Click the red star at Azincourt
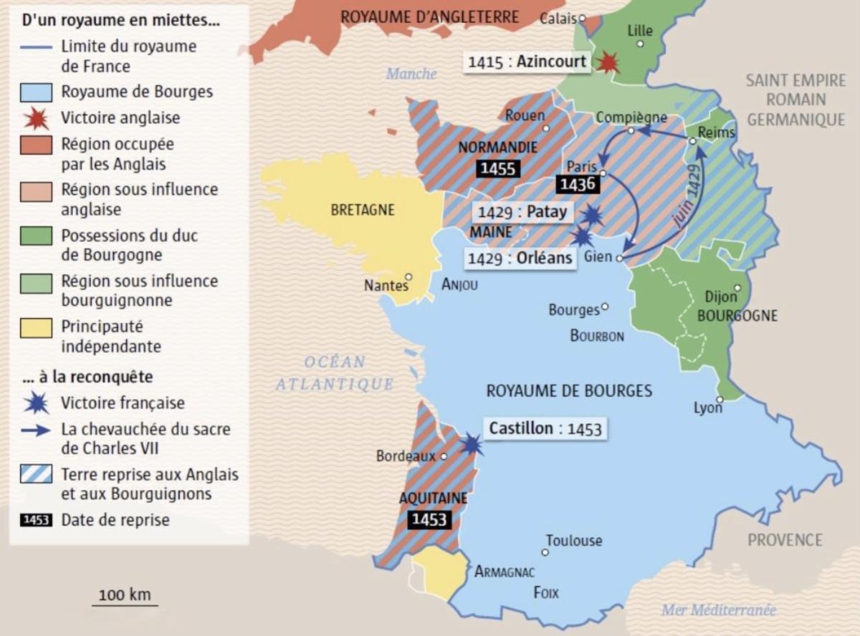[608, 62]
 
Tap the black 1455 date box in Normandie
[499, 169]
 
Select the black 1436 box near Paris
[577, 185]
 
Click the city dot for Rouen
[546, 129]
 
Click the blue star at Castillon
[471, 444]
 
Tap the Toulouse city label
[573, 541]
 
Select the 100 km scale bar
[123, 605]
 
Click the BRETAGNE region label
[363, 211]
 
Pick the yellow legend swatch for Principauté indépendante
[36, 328]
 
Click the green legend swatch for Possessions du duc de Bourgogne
[36, 236]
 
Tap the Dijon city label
[720, 297]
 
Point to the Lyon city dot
[718, 409]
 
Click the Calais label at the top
[558, 19]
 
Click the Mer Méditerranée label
[719, 609]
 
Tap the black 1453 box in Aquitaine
[429, 519]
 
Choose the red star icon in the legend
[36, 118]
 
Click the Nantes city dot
[408, 276]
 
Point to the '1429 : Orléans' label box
[520, 258]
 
